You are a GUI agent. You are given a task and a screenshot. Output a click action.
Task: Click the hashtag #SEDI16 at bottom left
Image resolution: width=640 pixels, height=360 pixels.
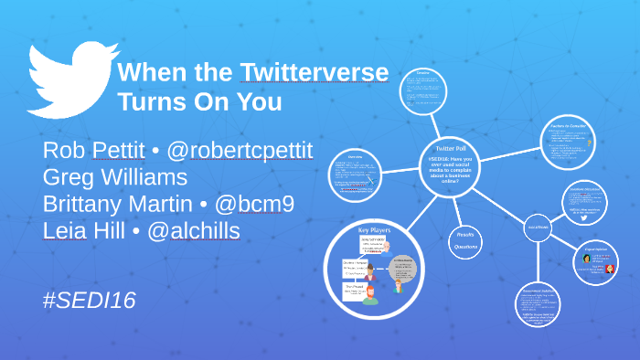pos(89,300)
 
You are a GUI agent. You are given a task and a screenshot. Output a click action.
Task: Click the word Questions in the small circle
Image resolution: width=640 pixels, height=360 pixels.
pos(467,247)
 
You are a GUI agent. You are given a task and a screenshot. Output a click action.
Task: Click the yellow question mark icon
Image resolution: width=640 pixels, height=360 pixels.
pos(590,143)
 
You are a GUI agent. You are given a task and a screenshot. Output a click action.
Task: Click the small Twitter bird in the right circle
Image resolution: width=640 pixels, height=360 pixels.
pos(582,218)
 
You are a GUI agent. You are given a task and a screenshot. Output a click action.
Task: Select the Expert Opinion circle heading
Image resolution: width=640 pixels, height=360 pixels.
pos(595,247)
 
